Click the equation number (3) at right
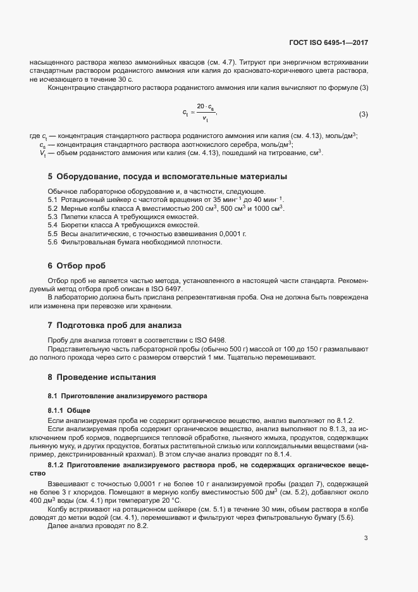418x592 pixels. click(x=363, y=115)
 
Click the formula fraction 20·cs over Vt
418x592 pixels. click(x=206, y=112)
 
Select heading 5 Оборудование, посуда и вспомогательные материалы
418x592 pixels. click(x=167, y=175)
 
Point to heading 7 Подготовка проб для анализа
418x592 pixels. click(x=114, y=325)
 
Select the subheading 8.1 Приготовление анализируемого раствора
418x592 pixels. click(x=126, y=396)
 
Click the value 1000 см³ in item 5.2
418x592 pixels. click(x=269, y=208)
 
